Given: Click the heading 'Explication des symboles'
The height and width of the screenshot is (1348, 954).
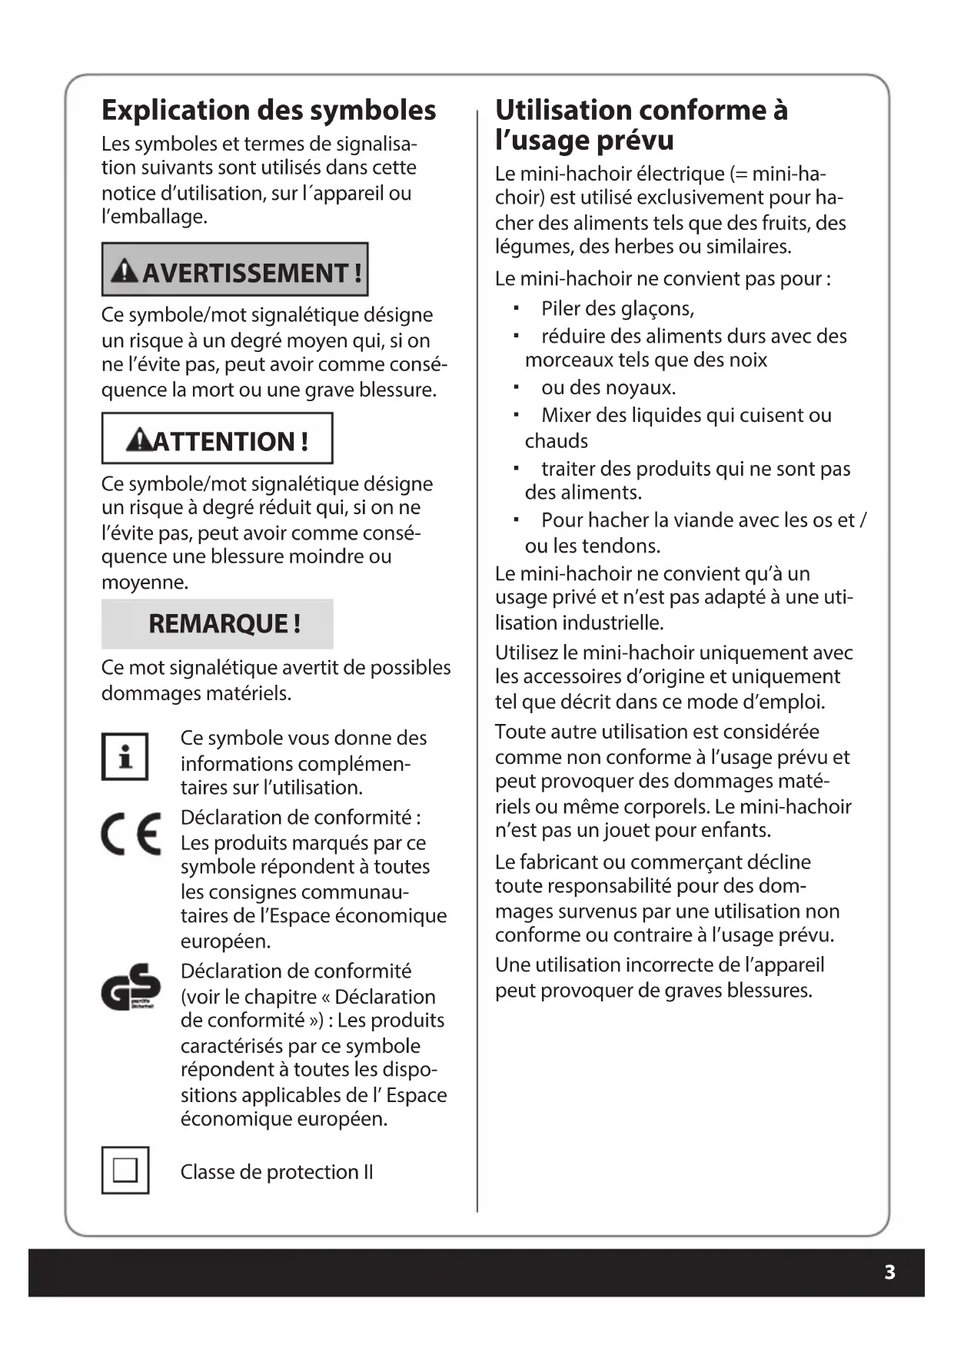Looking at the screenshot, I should click(268, 110).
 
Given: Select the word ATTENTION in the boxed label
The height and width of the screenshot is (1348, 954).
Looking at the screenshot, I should click(223, 441).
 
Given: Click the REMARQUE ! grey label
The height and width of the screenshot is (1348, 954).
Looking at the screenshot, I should click(224, 623).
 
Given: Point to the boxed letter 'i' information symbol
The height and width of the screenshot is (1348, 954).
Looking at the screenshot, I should click(125, 756).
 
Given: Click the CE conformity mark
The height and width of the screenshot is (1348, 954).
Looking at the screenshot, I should click(131, 834).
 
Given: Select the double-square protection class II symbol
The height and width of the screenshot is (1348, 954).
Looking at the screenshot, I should click(125, 1170).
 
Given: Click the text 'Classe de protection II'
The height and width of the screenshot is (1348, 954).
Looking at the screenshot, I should click(276, 1172).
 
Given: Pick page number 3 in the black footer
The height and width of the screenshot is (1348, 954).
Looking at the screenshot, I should click(889, 1272).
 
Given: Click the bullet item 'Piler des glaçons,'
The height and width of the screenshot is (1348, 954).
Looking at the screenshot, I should click(617, 308).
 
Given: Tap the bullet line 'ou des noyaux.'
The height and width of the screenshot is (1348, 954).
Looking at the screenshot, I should click(608, 387).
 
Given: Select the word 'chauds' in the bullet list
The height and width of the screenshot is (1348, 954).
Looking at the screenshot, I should click(556, 441).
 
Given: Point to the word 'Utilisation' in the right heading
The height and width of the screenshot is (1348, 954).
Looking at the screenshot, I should click(564, 110).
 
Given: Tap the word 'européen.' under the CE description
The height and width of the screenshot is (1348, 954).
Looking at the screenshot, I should click(225, 941).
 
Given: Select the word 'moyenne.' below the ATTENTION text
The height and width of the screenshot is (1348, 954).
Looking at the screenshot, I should click(145, 582).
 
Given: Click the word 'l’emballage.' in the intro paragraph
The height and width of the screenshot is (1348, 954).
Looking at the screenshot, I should click(155, 217).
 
